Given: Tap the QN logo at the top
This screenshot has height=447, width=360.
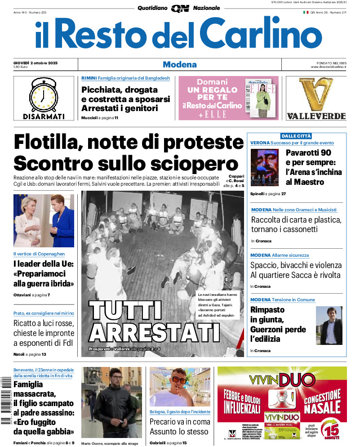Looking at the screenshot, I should coord(180,8).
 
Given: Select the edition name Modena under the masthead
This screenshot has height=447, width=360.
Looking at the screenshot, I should coord(179,64).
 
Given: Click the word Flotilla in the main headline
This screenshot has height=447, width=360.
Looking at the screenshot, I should coord(47,143).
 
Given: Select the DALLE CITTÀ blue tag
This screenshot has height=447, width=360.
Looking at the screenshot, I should coord(296,136).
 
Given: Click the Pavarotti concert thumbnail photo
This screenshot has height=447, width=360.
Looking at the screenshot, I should coord(264,167).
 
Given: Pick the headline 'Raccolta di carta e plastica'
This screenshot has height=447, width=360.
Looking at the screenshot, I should coord(296,220).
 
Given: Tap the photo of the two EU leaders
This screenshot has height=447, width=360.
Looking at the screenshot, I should coord(44,221).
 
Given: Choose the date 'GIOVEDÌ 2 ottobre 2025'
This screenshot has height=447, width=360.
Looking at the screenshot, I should coord(38,62).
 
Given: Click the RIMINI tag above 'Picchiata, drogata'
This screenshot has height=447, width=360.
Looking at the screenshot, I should coord(89,78).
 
